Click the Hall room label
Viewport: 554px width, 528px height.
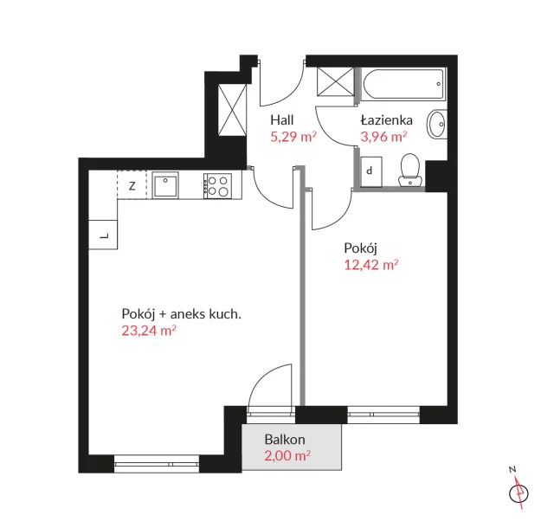(x=282, y=120)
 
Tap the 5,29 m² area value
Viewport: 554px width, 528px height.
(x=293, y=137)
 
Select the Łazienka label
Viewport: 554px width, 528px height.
(x=387, y=120)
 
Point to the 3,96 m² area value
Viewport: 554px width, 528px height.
(x=383, y=137)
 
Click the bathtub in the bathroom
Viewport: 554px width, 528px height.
(x=403, y=84)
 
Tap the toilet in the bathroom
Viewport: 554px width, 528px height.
(x=409, y=170)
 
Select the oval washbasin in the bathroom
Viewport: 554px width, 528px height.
(x=437, y=125)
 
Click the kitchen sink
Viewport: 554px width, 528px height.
(x=165, y=185)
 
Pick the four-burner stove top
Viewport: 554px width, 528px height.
(x=217, y=186)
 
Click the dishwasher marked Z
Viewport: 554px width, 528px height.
(x=132, y=185)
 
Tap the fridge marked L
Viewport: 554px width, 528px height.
(x=103, y=235)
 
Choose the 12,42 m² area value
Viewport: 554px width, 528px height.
(x=371, y=265)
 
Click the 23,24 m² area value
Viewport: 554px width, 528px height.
(x=149, y=331)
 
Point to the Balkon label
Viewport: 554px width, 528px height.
(x=285, y=440)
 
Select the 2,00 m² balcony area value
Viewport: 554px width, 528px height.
(x=287, y=455)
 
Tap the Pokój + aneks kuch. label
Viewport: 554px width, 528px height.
(x=181, y=314)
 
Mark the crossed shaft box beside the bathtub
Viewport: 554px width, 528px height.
(x=335, y=81)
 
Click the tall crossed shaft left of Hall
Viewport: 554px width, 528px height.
(x=232, y=110)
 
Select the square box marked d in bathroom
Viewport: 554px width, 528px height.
(x=371, y=171)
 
